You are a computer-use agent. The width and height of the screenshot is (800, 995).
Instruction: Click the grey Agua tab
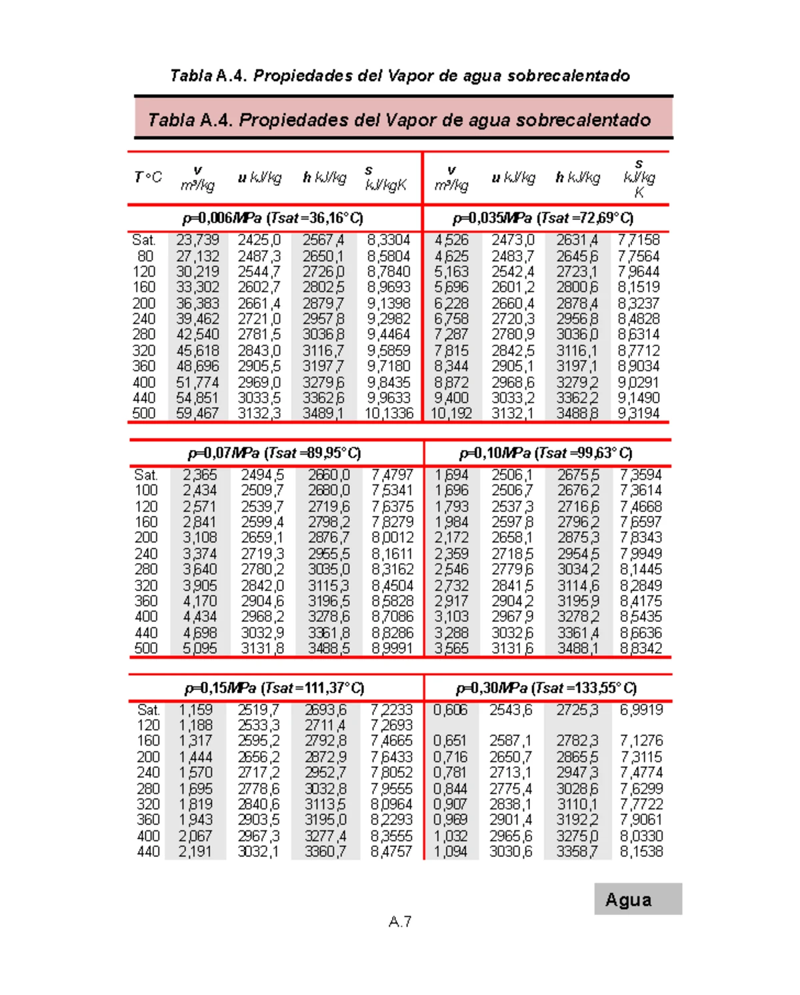[637, 899]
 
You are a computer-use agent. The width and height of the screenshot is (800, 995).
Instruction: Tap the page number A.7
[400, 922]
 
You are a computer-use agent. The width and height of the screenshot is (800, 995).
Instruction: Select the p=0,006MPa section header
[273, 218]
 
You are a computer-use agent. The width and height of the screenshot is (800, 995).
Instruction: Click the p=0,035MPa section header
[543, 218]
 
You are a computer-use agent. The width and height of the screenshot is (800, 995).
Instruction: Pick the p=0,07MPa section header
[275, 453]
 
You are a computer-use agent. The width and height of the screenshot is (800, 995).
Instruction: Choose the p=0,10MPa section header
[546, 453]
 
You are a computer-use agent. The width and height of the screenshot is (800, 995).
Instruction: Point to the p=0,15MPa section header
[275, 688]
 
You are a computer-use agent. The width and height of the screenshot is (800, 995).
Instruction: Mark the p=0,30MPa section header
[546, 688]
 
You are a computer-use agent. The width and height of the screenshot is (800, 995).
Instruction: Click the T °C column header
[148, 177]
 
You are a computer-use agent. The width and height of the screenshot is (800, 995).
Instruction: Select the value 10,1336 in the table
[389, 413]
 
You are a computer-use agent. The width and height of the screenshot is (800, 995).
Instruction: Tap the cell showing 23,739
[198, 240]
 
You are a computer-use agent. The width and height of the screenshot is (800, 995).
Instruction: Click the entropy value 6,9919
[641, 710]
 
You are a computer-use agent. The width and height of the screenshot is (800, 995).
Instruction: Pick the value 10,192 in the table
[451, 413]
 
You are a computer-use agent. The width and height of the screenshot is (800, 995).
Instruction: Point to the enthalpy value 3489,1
[323, 413]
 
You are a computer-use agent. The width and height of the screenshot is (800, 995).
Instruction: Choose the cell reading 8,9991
[393, 648]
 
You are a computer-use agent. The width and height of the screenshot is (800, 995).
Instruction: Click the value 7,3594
[641, 475]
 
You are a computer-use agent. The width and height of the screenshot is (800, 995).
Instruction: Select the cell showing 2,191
[195, 852]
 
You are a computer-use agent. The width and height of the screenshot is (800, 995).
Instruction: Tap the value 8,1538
[641, 852]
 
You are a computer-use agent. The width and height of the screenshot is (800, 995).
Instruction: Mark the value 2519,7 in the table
[259, 710]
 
